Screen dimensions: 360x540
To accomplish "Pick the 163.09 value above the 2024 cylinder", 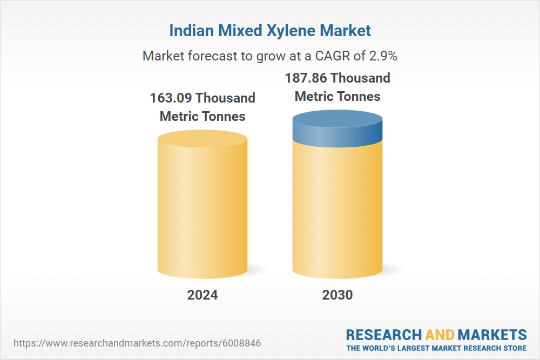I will (170, 98).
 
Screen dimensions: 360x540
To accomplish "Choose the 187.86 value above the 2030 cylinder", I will (306, 78).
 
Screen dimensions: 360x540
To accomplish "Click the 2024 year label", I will (202, 295).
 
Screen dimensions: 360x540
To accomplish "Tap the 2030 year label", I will (337, 295).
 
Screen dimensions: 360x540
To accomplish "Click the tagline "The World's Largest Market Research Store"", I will (436, 348).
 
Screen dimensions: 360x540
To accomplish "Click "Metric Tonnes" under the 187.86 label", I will (337, 97).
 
